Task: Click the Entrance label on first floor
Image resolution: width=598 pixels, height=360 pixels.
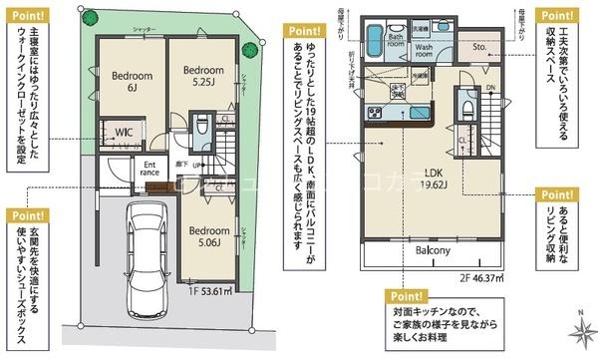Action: click(x=150, y=170)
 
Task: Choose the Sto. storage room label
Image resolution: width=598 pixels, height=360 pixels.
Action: click(x=479, y=45)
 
